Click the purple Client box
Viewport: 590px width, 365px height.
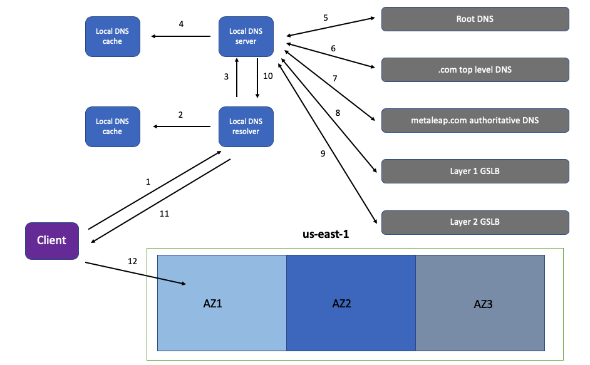tap(52, 240)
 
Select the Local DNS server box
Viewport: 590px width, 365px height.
tap(246, 36)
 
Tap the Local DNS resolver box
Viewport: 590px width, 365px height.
tap(246, 126)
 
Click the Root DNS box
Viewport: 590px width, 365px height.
tap(475, 19)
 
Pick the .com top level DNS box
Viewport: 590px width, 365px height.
tap(475, 69)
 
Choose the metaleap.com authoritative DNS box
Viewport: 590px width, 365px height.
tap(475, 120)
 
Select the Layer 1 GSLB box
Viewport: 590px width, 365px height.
tap(475, 171)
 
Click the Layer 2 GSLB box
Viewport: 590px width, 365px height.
tap(475, 222)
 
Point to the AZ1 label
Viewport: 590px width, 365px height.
tap(213, 304)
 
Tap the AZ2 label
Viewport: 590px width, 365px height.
tap(341, 304)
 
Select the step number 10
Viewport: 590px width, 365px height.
tap(268, 76)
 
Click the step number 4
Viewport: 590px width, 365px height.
tap(181, 24)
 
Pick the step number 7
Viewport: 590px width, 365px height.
tap(335, 79)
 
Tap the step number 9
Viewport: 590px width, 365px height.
tap(323, 153)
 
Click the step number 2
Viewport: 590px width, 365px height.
tap(180, 115)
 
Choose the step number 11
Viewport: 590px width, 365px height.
tap(165, 213)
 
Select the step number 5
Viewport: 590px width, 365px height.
tap(326, 18)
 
